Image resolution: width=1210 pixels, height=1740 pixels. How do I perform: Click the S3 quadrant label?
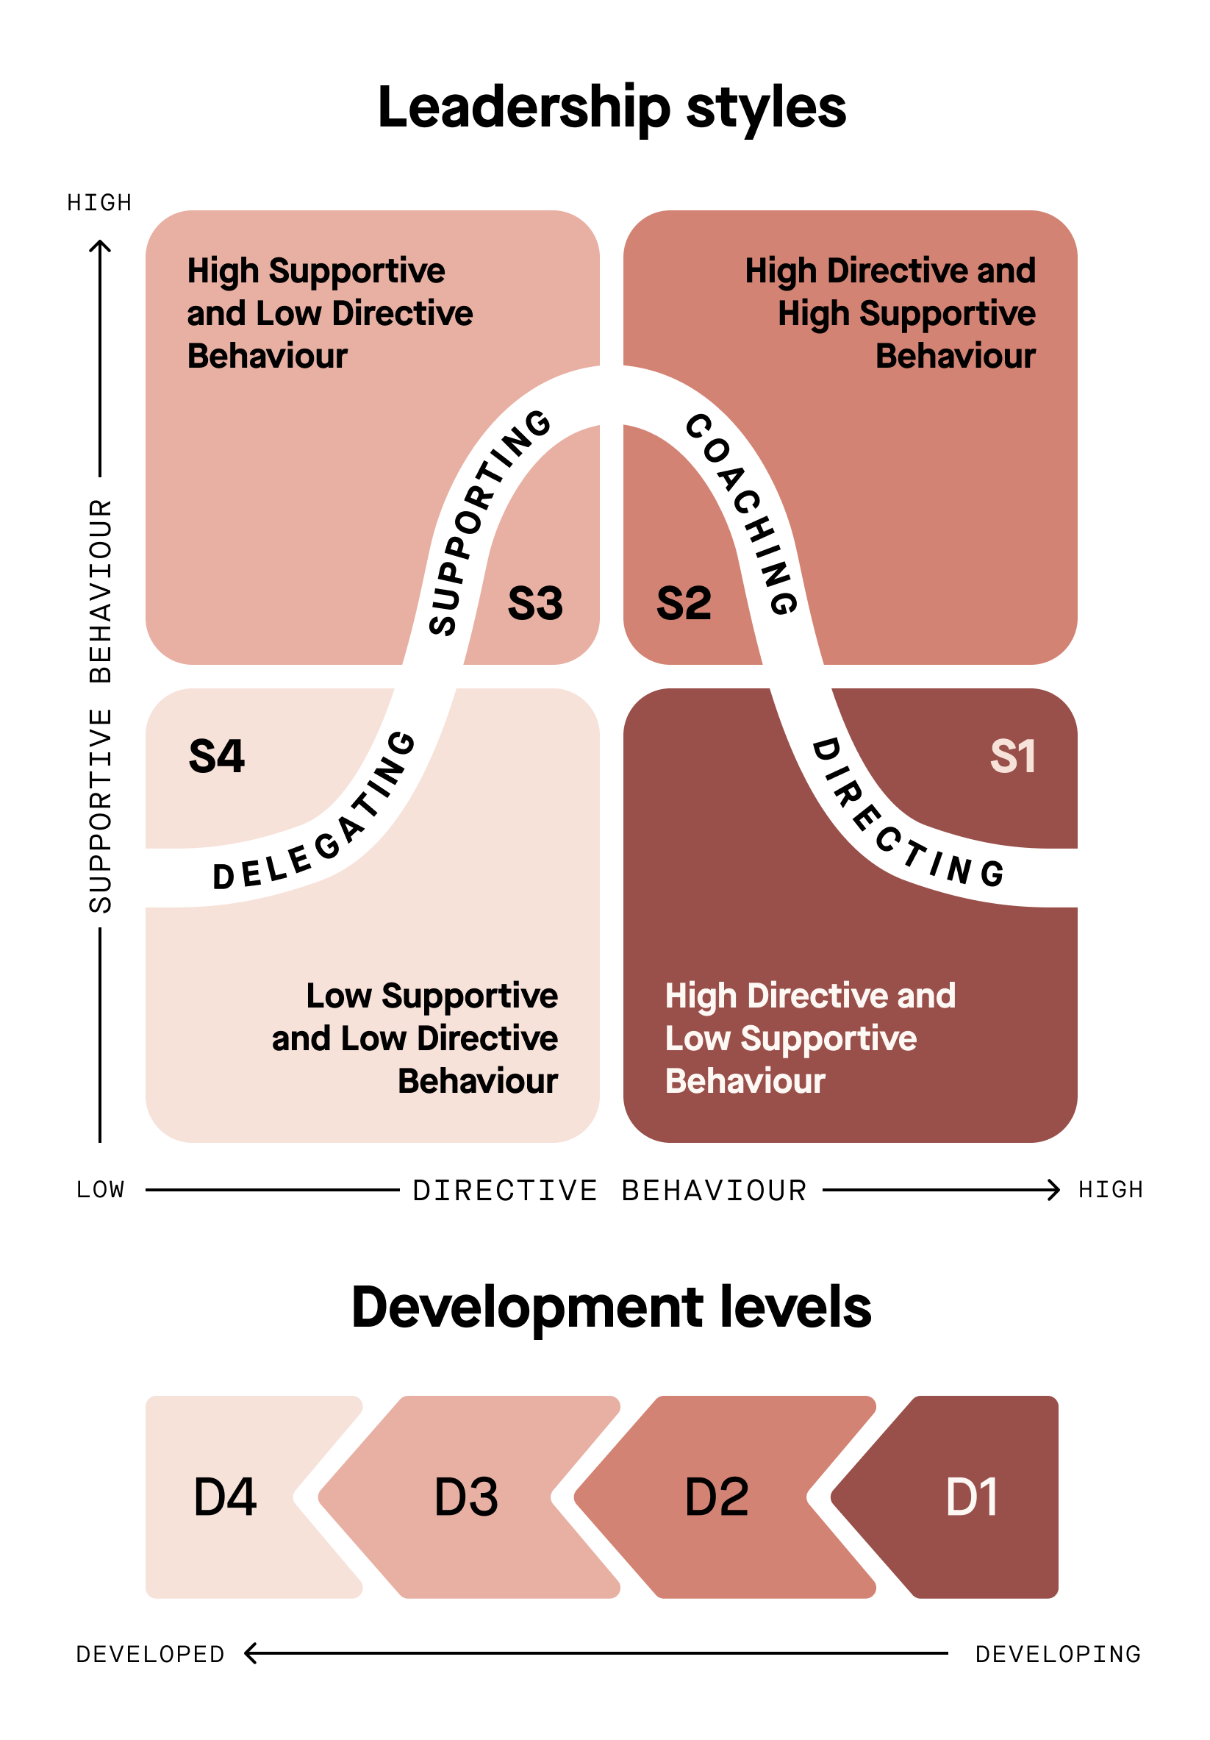pos(535,604)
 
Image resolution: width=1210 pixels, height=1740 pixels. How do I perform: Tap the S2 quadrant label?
pos(684,604)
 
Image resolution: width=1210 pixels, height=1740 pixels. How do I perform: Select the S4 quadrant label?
pos(217,756)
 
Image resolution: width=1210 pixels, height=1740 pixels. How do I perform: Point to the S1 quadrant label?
pos(1012,756)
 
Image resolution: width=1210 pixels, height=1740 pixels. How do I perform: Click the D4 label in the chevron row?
pos(225,1497)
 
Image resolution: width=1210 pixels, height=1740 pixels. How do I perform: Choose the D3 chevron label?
pos(466,1497)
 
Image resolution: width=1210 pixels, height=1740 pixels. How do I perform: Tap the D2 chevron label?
pos(716,1497)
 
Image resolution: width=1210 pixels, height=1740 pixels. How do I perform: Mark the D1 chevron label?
pos(971,1497)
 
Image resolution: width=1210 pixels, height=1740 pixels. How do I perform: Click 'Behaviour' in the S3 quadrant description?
pos(268,356)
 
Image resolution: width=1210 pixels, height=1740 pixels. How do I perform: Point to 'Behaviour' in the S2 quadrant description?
pos(956,356)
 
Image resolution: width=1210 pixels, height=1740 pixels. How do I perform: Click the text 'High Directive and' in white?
pos(810,996)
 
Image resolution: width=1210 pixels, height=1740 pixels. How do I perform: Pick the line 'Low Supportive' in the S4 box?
pos(432,996)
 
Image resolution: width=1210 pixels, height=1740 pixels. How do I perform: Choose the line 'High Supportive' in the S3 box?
pos(316,271)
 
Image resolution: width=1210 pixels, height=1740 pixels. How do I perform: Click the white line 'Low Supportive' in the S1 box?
pos(790,1038)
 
